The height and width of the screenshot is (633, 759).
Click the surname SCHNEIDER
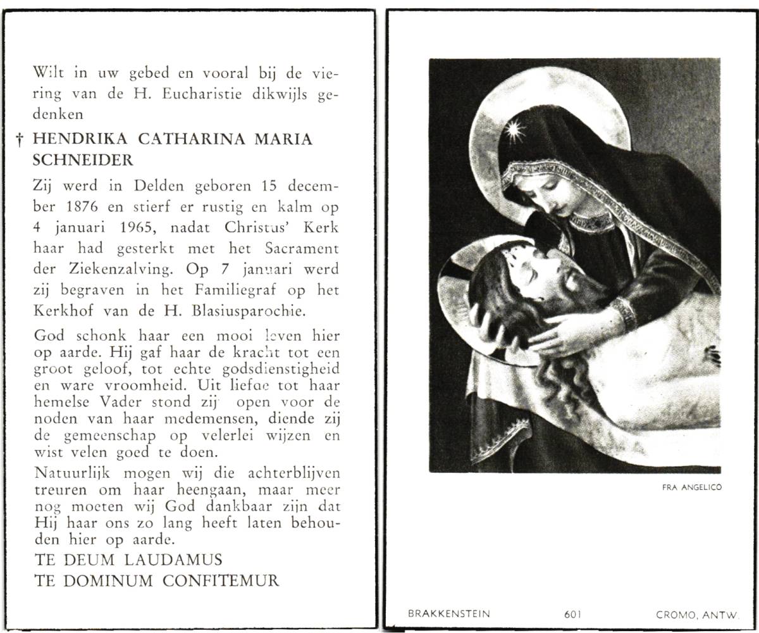coord(83,161)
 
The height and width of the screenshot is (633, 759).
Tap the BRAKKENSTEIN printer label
coord(449,613)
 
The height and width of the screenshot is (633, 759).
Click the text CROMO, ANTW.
coord(698,613)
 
